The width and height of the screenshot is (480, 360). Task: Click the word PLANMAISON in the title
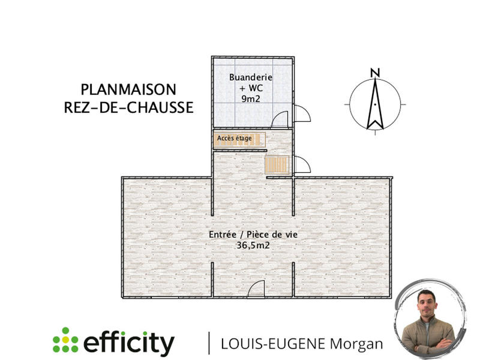[x=128, y=90]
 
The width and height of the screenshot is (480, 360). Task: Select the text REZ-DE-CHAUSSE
[x=128, y=107]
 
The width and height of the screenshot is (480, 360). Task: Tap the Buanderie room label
[x=251, y=77]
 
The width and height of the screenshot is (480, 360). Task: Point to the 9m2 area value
[x=251, y=98]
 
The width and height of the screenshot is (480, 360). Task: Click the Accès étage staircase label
[x=235, y=139]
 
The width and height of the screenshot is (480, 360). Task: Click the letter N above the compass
[x=376, y=73]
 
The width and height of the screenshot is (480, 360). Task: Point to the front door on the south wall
[x=256, y=289]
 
